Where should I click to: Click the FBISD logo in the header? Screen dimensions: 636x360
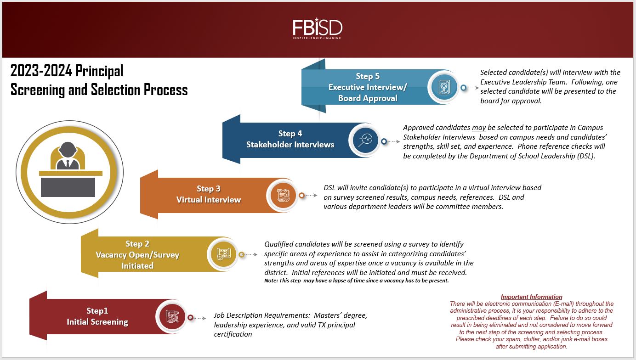click(x=317, y=28)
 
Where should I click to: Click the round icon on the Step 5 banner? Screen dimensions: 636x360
click(x=444, y=87)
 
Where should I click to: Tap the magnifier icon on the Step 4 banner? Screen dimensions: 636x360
click(x=365, y=140)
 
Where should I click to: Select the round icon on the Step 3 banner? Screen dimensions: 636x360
click(x=283, y=195)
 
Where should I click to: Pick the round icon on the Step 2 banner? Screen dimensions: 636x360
click(x=223, y=253)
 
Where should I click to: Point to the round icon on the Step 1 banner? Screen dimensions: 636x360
click(x=172, y=316)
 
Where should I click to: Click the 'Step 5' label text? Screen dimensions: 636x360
click(x=368, y=76)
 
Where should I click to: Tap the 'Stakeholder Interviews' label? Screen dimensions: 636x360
click(x=290, y=144)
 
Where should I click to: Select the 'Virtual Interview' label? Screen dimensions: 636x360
click(x=209, y=200)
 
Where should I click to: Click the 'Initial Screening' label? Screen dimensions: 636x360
click(x=97, y=322)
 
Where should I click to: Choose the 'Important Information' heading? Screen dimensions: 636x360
click(x=531, y=297)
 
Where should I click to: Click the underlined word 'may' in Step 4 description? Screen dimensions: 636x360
click(x=479, y=128)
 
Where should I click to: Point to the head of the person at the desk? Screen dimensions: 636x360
click(x=68, y=150)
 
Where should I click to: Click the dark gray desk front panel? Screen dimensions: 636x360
click(x=68, y=187)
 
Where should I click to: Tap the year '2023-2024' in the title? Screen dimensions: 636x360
click(x=41, y=71)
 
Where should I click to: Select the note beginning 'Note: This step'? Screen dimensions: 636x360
click(x=356, y=281)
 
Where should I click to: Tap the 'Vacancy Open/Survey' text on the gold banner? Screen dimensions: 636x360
click(x=137, y=255)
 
